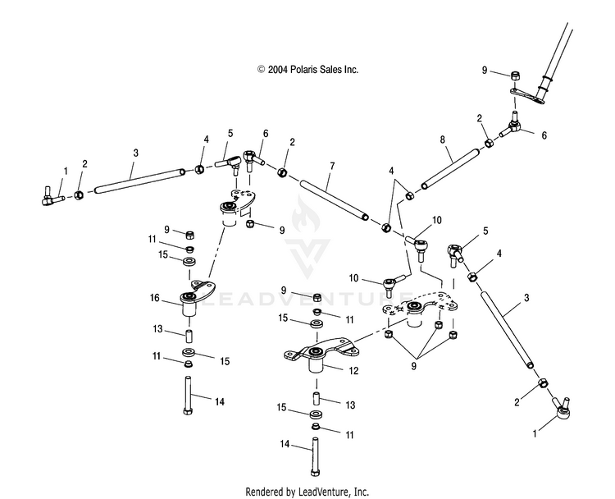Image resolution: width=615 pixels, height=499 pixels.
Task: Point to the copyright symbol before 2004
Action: pos(262,70)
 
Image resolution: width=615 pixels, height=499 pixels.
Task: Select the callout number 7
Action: pos(332,166)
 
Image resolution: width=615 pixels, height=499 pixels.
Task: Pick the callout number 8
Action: pos(443,140)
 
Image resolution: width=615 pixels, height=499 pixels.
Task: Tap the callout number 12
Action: pos(353,371)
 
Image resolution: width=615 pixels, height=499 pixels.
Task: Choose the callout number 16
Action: pos(154,298)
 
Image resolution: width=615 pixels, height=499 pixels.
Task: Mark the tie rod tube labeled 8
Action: pos(450,168)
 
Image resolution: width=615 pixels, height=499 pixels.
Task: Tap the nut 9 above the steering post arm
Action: pos(515,76)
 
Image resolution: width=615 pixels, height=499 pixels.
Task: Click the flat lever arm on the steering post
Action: pos(526,96)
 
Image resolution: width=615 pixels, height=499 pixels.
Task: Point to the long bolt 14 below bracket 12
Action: pos(316,457)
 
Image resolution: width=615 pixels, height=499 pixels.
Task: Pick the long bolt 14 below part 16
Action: pos(188,396)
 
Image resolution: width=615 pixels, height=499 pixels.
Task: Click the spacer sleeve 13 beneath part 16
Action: pos(189,336)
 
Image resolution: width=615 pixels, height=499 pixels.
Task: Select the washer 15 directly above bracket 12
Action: pos(315,324)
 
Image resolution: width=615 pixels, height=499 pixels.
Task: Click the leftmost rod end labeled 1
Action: pos(52,197)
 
